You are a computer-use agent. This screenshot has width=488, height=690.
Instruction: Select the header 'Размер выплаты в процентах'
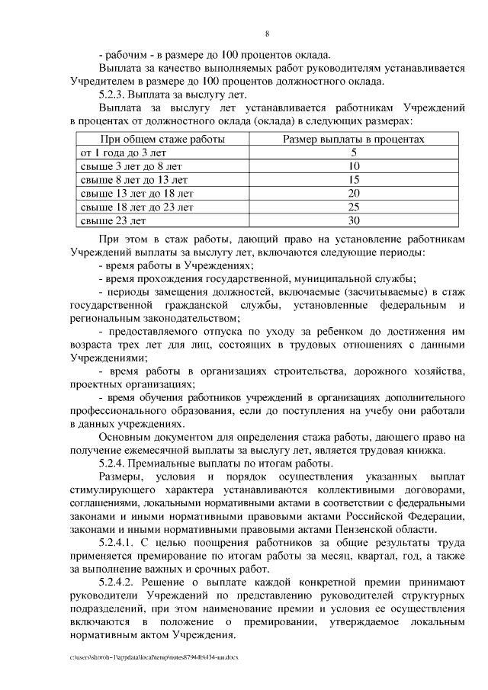point(353,140)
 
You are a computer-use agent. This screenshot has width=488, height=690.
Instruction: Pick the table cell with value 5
point(353,152)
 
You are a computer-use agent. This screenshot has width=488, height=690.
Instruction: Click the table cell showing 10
point(353,166)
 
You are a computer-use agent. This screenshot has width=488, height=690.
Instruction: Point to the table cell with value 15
point(353,180)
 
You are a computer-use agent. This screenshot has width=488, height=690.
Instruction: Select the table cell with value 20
point(353,194)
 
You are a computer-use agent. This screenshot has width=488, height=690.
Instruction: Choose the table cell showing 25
point(353,207)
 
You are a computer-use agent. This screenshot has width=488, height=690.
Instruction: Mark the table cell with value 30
point(353,221)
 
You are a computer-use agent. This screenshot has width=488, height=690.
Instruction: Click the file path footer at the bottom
point(153,657)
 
